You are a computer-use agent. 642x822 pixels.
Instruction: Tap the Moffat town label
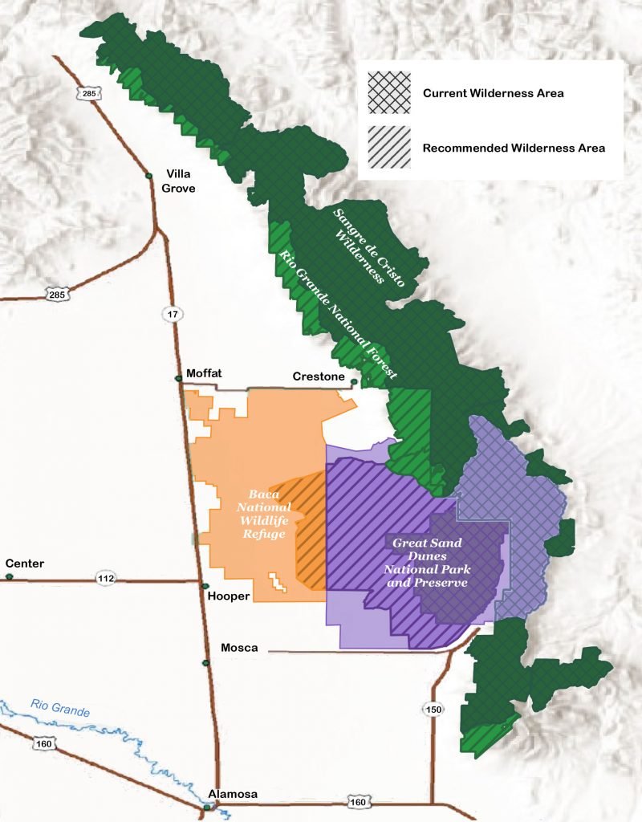[203, 373]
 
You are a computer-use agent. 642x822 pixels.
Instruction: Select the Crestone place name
[319, 376]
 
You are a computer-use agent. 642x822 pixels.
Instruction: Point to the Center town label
[24, 564]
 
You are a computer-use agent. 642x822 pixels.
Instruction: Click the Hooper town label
[229, 596]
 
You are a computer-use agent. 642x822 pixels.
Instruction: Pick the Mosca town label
[238, 647]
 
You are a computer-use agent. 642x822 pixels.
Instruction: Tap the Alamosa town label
[233, 794]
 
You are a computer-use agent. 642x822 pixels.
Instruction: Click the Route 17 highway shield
[173, 314]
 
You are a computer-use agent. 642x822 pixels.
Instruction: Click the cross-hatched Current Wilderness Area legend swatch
[388, 93]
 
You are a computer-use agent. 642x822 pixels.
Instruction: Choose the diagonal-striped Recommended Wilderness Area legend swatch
[388, 148]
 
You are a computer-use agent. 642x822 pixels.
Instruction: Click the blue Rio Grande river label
[60, 708]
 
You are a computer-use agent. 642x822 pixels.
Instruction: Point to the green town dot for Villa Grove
[148, 176]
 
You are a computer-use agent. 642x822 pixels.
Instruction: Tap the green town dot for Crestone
[353, 382]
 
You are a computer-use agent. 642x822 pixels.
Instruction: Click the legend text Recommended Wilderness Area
[514, 148]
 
